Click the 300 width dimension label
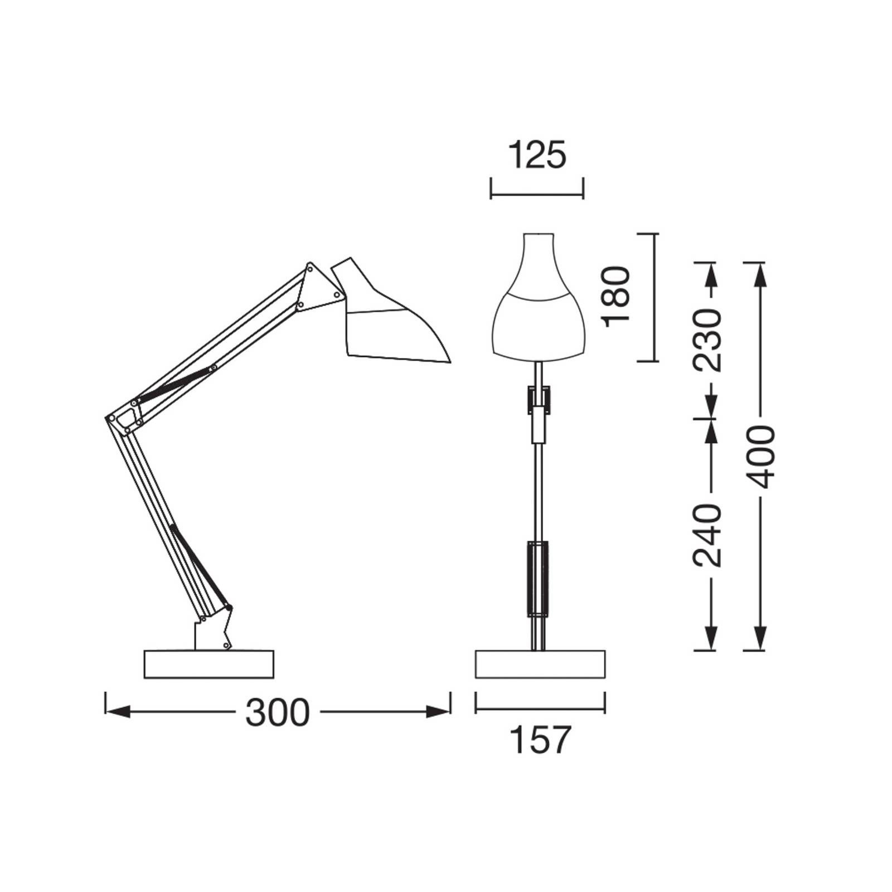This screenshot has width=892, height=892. (x=277, y=712)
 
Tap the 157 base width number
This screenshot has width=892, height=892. (x=540, y=740)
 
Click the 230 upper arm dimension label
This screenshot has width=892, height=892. (x=706, y=340)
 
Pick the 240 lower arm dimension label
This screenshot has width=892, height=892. (x=706, y=535)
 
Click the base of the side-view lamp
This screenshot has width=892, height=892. (x=209, y=664)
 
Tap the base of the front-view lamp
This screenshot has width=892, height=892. (x=540, y=664)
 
